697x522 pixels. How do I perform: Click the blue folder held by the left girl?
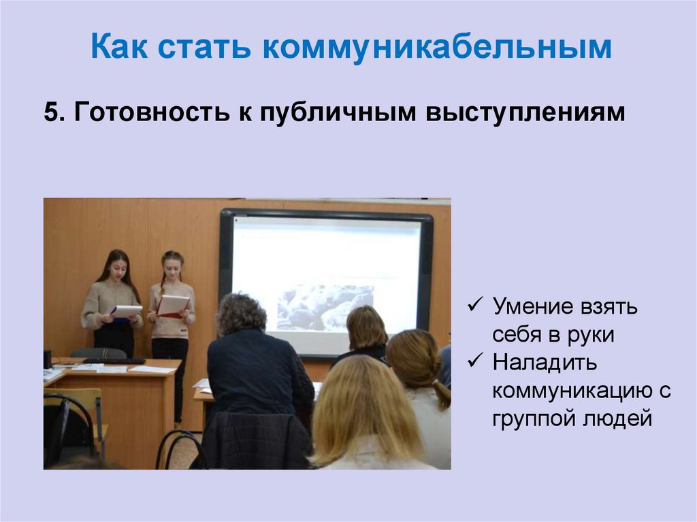tap(126, 311)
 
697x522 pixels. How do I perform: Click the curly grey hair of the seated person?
tap(241, 312)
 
